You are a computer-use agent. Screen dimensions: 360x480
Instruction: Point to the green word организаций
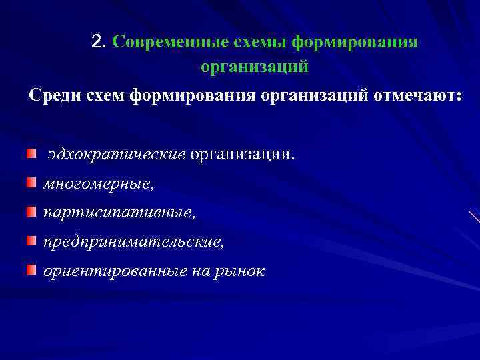point(254,67)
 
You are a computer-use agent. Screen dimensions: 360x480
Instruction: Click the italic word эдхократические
point(116,155)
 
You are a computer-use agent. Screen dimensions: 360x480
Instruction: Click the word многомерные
point(97,184)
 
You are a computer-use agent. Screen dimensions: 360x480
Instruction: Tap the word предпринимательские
point(134,242)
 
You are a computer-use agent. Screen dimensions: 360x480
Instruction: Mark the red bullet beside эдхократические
point(32,154)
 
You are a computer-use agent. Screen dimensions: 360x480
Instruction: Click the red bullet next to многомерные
point(32,183)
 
